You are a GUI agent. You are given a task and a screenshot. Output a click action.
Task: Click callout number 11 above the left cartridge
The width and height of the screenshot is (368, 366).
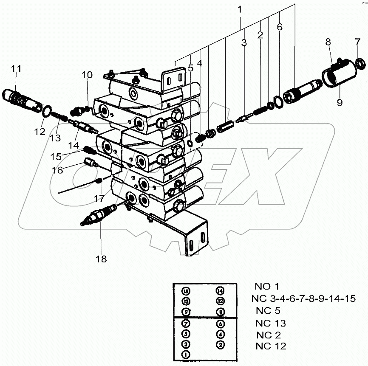16,68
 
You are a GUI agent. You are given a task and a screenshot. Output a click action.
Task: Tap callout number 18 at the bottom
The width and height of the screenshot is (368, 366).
101,258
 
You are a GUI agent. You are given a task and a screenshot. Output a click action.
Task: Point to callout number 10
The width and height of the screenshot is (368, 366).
87,76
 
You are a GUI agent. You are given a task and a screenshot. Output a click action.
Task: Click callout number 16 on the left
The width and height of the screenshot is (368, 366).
58,170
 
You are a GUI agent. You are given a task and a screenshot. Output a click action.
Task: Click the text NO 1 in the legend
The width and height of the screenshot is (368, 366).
267,286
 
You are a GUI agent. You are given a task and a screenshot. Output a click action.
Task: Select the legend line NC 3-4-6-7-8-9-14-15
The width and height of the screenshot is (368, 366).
303,298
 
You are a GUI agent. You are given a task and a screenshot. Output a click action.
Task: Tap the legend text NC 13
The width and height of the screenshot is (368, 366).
271,323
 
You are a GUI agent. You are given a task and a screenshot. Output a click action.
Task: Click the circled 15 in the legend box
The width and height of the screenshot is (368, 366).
186,291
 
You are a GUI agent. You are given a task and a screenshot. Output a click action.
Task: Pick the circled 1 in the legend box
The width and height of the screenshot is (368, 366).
186,354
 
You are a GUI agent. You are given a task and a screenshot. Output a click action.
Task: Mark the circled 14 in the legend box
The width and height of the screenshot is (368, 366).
220,291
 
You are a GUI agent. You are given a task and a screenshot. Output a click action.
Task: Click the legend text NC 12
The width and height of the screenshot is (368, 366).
271,346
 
